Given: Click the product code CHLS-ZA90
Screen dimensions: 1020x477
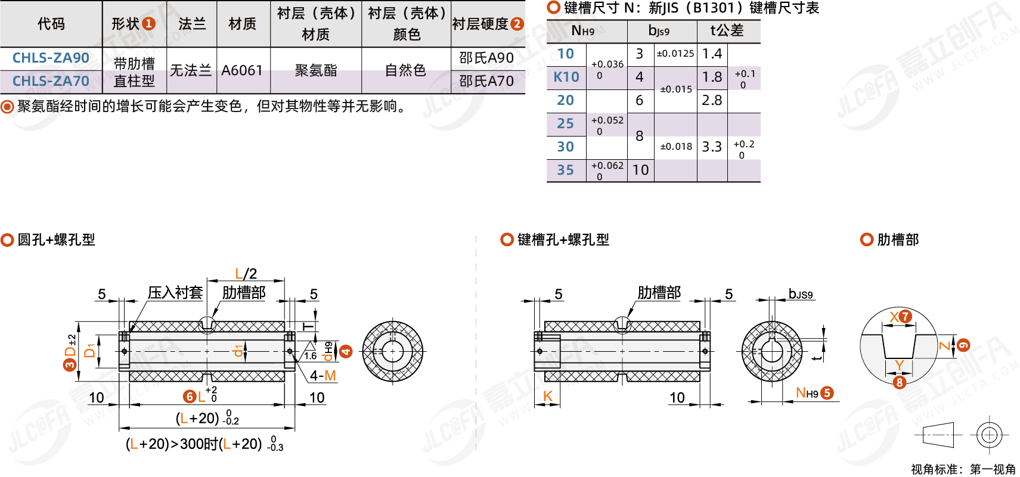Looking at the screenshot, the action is click(51, 58).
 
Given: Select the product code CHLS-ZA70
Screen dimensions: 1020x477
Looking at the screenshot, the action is click(51, 81).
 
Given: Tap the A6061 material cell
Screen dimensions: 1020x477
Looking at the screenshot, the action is click(242, 70).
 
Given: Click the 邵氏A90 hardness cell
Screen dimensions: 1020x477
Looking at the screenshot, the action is click(486, 58).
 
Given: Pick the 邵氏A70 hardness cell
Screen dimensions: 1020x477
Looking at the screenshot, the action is click(486, 81).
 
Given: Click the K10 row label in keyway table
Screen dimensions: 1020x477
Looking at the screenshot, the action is click(566, 77).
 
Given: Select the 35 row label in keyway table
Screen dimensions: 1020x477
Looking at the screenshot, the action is click(566, 170).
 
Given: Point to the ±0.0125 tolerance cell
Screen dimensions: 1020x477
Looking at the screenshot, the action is click(675, 54).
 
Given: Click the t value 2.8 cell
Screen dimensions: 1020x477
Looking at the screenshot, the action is click(712, 100).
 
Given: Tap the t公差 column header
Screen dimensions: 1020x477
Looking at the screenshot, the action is click(727, 30).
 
